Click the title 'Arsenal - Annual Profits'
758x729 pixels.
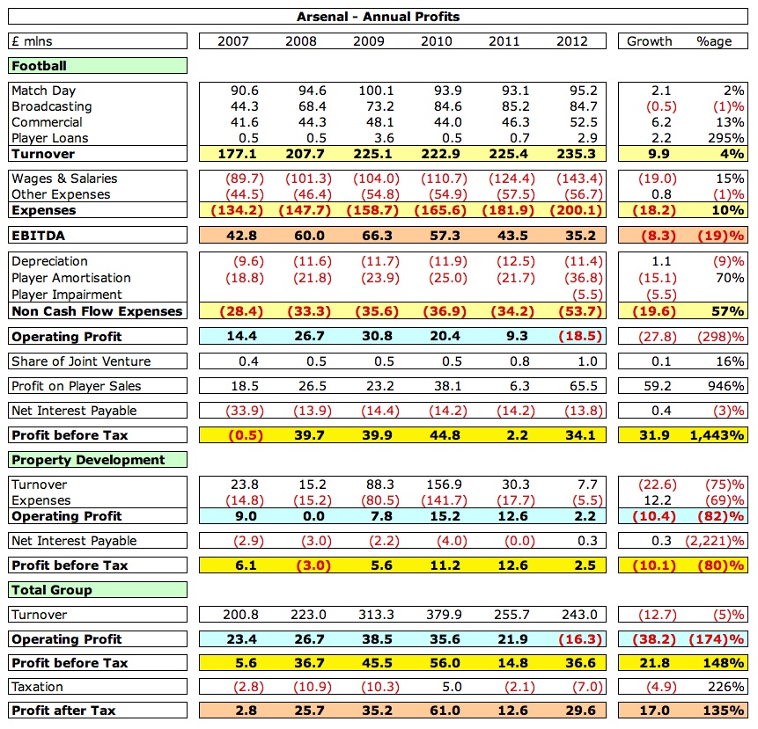pyautogui.click(x=378, y=17)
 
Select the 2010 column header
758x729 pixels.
pyautogui.click(x=437, y=41)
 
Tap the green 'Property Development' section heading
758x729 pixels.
pyautogui.click(x=88, y=460)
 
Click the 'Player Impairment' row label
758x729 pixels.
pyautogui.click(x=67, y=295)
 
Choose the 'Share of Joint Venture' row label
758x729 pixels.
pyautogui.click(x=81, y=361)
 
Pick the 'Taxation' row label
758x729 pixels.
pyautogui.click(x=37, y=687)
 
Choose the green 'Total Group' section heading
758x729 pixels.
pyautogui.click(x=52, y=590)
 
